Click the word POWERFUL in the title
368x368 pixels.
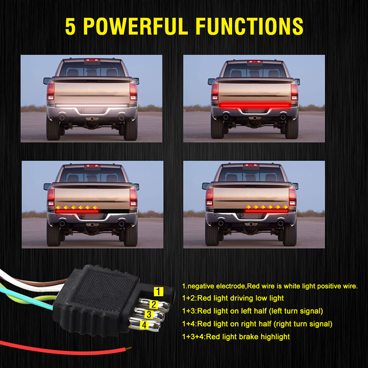[136, 26]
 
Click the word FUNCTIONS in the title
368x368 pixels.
[249, 26]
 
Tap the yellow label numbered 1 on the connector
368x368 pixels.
[158, 292]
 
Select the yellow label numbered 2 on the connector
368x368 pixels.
[154, 305]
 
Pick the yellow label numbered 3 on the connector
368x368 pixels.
[149, 315]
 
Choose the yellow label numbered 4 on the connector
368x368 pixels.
[144, 325]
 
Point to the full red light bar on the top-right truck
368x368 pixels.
[255, 105]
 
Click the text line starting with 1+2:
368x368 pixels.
[233, 298]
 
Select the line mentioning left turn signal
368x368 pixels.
[253, 311]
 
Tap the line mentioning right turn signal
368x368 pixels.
[257, 324]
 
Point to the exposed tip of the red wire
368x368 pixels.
[129, 349]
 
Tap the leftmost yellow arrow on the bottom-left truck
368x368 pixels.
[58, 207]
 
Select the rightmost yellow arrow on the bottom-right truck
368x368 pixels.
[286, 207]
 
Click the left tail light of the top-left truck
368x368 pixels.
[51, 92]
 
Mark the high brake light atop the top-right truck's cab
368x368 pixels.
[255, 62]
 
